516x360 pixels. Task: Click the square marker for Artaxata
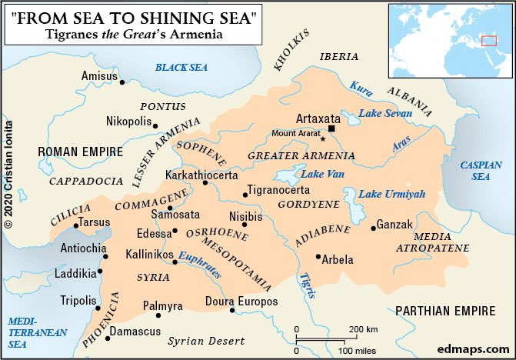tap(332, 129)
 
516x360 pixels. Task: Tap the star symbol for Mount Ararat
tap(323, 139)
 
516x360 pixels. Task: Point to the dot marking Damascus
tap(106, 332)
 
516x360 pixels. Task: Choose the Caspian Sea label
tap(481, 170)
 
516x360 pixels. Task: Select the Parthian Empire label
tap(444, 311)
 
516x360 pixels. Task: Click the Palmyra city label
tap(163, 305)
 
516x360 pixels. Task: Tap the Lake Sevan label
tap(385, 113)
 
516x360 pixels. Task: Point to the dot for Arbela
tap(318, 257)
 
